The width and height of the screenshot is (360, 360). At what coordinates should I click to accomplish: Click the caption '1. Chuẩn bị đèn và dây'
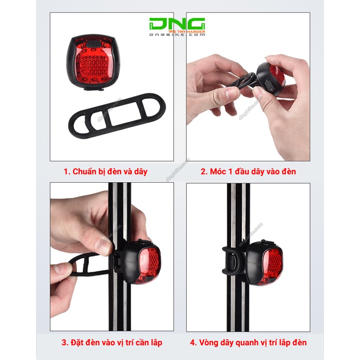[x=105, y=171]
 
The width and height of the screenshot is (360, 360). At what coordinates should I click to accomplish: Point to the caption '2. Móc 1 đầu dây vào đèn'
[x=248, y=171]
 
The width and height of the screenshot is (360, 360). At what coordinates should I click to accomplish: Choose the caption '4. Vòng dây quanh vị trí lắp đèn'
[x=248, y=342]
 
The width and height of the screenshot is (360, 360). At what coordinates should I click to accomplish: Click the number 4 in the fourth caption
[x=192, y=342]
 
